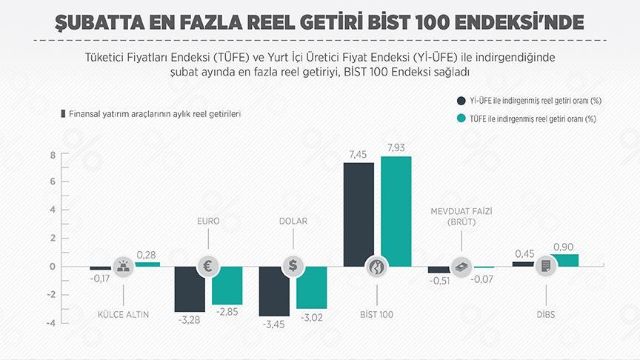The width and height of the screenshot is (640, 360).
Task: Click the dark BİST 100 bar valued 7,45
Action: coord(359,211)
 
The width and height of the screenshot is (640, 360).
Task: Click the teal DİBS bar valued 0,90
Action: coord(565,260)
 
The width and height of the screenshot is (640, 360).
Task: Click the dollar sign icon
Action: coord(293,267)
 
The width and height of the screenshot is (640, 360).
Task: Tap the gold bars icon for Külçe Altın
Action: coord(123,267)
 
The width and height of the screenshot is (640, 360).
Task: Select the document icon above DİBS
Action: coord(546,267)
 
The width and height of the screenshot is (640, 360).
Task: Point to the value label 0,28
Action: coord(146,255)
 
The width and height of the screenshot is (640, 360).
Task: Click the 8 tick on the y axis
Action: coord(53,155)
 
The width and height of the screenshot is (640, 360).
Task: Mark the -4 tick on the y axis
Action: coord(50,323)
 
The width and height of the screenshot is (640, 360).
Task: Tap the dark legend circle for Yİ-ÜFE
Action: coord(461,99)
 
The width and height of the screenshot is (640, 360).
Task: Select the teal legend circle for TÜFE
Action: coord(461,119)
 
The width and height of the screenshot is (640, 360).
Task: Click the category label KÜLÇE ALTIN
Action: coord(124,314)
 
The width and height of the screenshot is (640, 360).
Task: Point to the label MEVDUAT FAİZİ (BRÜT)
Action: coord(461,216)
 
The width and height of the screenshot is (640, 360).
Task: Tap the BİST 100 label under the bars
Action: coord(378,314)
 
